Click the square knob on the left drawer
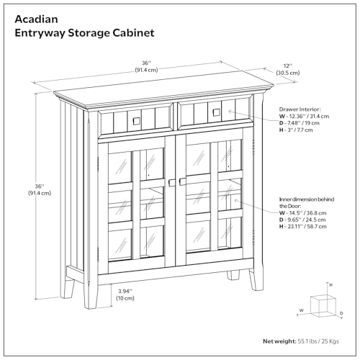tap(133, 120)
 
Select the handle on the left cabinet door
tap(170, 183)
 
